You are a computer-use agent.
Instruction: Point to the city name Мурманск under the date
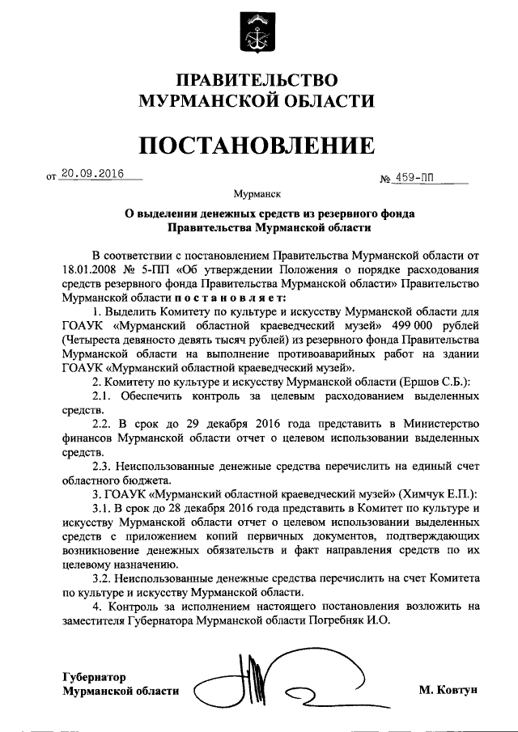(x=257, y=195)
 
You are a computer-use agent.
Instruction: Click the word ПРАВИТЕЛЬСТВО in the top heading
(x=257, y=80)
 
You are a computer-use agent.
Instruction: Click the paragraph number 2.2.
(x=104, y=423)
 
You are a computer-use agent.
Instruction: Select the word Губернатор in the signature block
(x=96, y=675)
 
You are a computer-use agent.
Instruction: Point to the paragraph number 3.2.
(x=104, y=579)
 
